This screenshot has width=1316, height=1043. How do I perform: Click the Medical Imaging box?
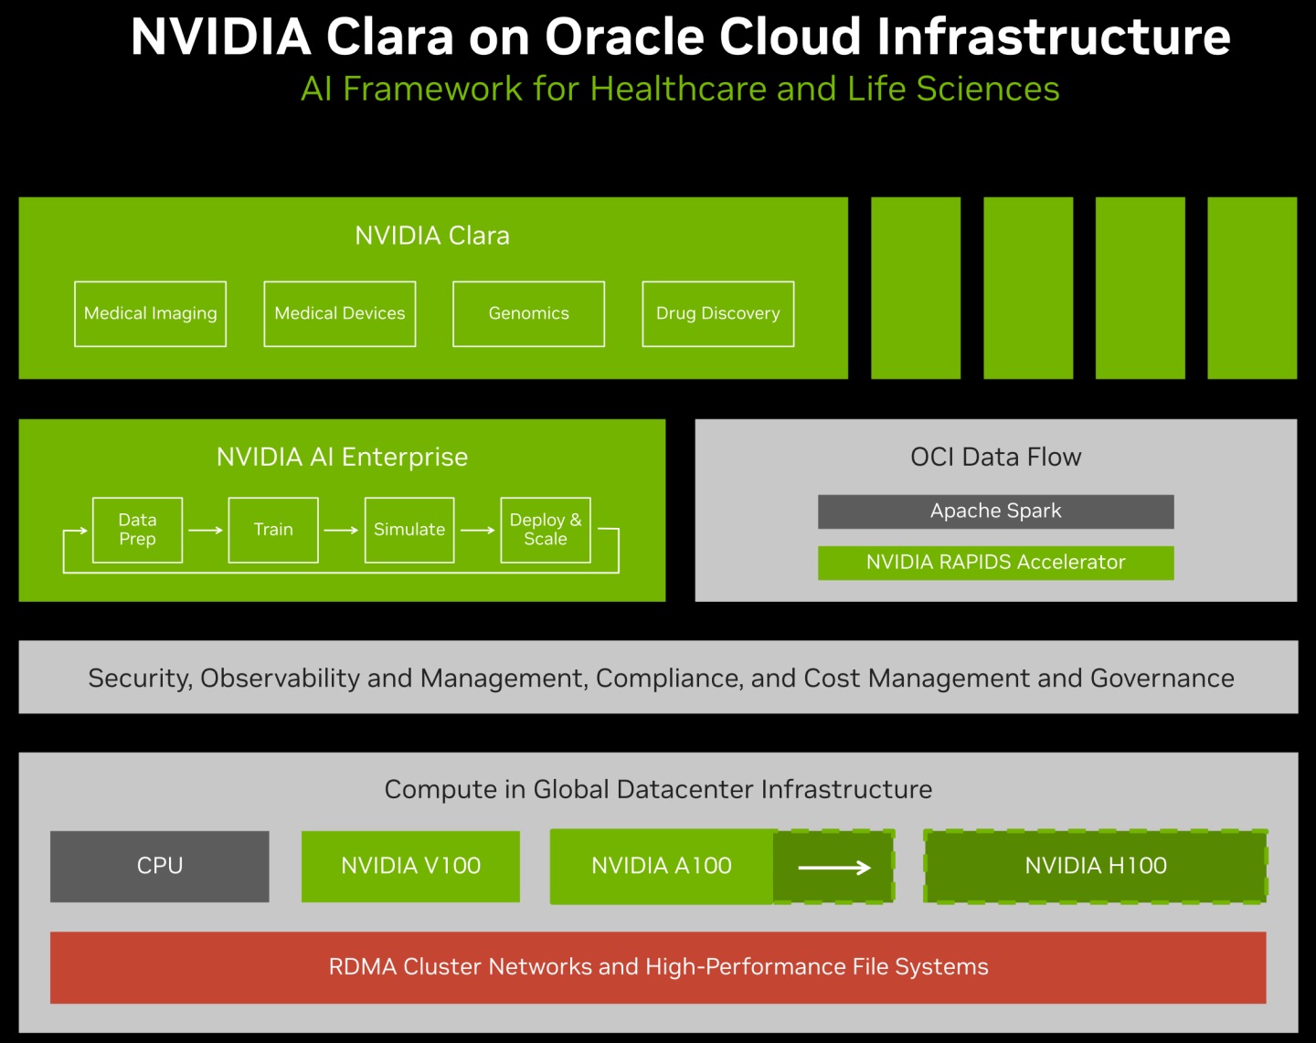coord(150,314)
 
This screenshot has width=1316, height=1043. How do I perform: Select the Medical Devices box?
coord(340,314)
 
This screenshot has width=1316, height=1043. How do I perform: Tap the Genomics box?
coord(528,314)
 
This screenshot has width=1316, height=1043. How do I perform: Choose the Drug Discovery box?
coord(718,314)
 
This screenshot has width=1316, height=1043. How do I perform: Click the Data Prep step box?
coord(137,530)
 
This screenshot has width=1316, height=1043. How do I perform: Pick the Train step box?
coord(273,530)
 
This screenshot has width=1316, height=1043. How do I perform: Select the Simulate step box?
coord(409,530)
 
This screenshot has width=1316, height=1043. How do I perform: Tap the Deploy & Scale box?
coord(546,530)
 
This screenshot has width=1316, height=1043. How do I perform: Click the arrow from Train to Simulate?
coord(341,530)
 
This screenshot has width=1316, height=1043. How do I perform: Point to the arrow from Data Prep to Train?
coord(206,530)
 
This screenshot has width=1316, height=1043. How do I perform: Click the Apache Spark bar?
coord(995,511)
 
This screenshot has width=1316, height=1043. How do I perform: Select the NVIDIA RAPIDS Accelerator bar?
coord(995,563)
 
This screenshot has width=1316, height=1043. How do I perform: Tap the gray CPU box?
coord(160,866)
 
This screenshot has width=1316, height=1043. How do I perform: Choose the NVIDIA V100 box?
coord(410,866)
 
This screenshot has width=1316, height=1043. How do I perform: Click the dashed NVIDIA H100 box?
coord(1095,866)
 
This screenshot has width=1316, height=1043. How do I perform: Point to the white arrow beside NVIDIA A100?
coord(834,867)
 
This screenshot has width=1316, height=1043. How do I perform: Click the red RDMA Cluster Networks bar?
coord(658,967)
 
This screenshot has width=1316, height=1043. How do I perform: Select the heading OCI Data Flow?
coord(995,457)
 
